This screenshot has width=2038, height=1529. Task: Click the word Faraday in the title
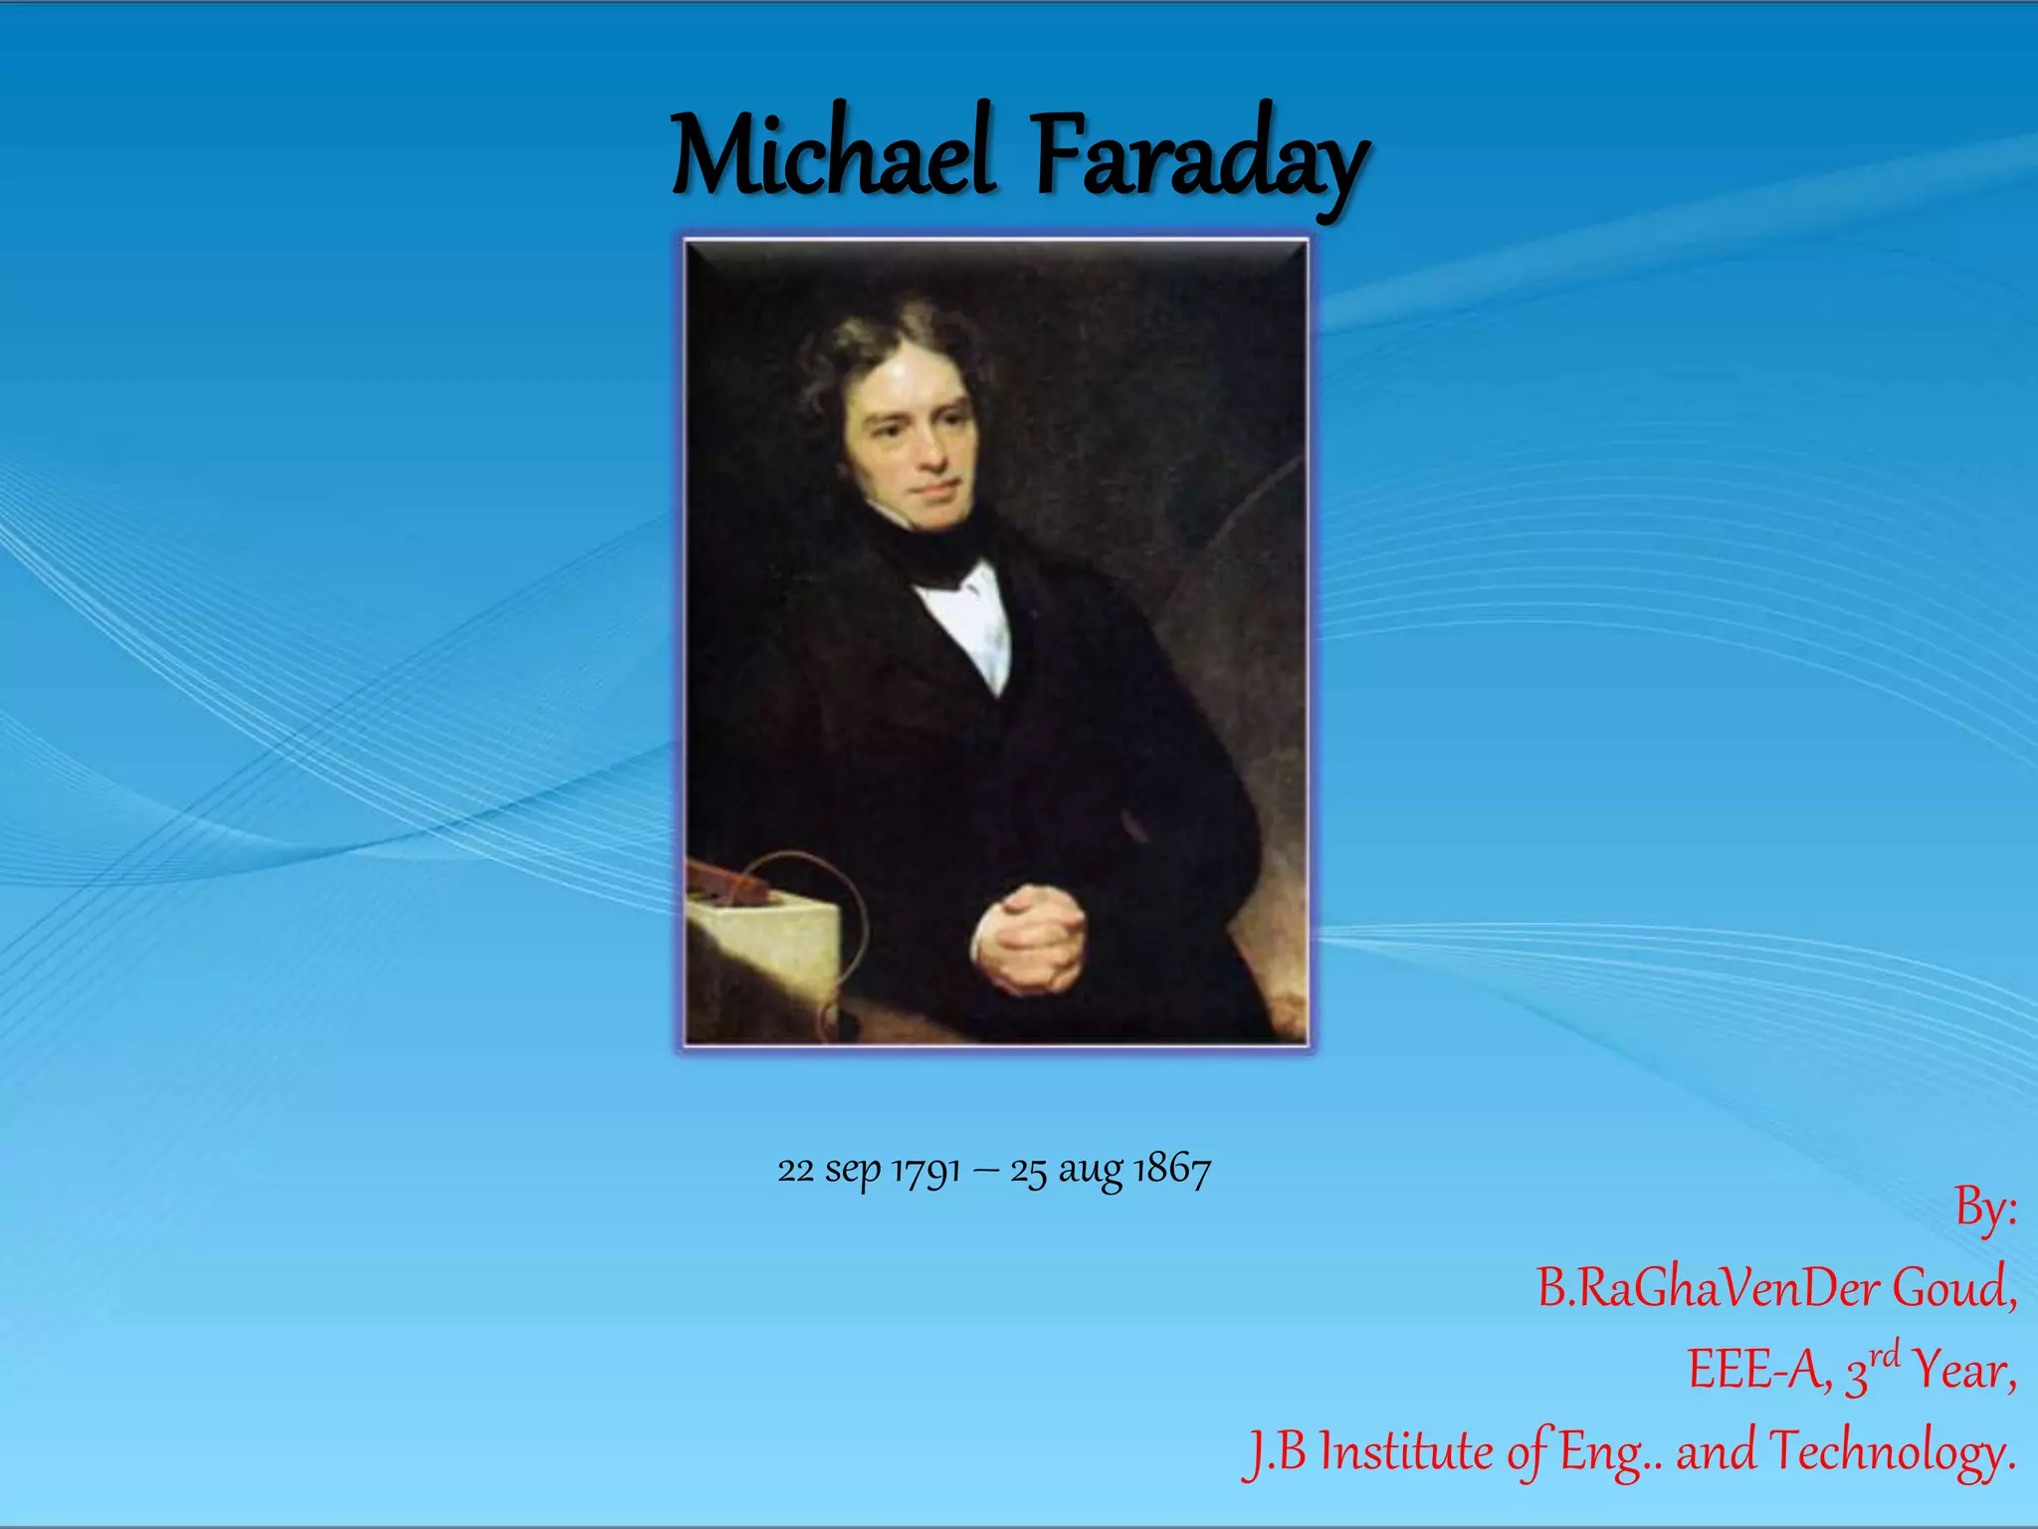1199,159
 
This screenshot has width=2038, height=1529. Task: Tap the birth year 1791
925,1170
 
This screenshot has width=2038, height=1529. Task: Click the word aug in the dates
1091,1172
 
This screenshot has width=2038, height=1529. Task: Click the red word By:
1985,1209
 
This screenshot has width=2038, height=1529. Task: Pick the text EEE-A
1757,1370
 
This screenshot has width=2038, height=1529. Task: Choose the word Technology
1892,1452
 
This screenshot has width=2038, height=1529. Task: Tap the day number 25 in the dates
1028,1171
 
